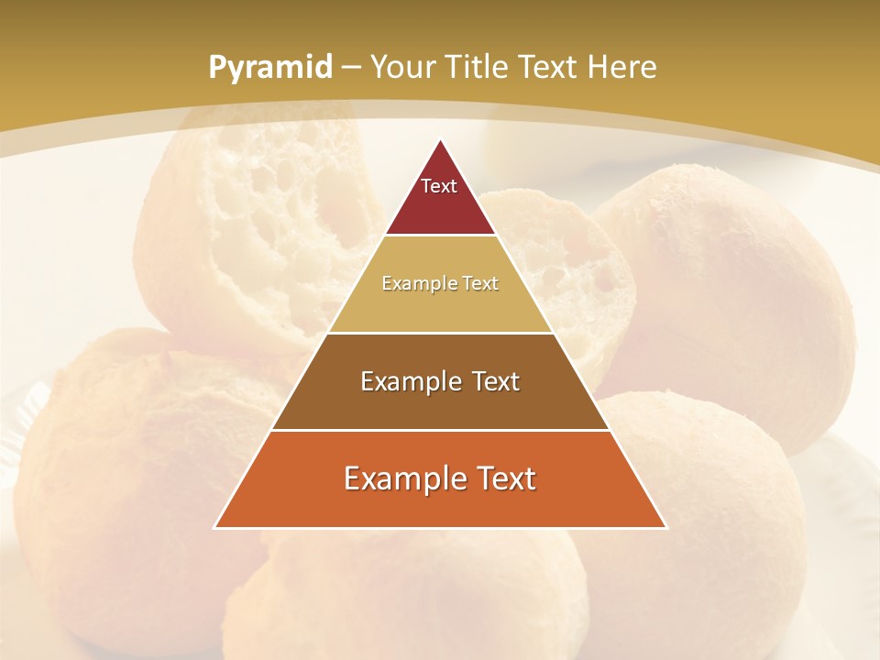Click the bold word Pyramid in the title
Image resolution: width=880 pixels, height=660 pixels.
tap(269, 68)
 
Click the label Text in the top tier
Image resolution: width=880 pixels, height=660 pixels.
tap(439, 186)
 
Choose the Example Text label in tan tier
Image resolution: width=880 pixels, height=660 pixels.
tap(440, 284)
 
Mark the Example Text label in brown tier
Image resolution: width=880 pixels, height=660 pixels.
tap(440, 381)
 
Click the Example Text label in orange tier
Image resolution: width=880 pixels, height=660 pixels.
tap(440, 478)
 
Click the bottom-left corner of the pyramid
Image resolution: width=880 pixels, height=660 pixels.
tap(216, 527)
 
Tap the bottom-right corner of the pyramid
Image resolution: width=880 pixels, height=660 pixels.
tap(665, 527)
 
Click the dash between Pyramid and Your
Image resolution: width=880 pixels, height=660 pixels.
tap(351, 68)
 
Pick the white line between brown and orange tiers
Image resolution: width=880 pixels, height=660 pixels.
tap(440, 430)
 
